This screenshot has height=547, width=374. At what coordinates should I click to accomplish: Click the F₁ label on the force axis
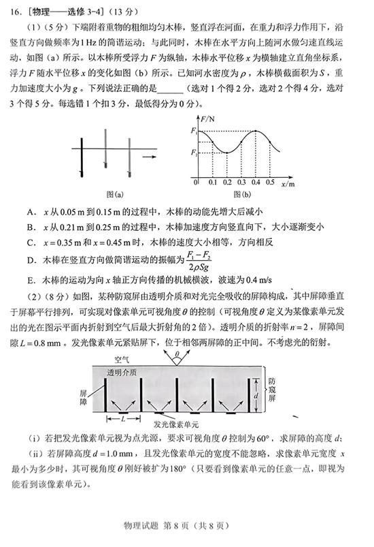pos(194,129)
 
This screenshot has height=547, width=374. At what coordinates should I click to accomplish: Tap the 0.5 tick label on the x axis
pos(270,183)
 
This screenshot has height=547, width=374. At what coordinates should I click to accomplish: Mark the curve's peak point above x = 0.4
pos(257,129)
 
